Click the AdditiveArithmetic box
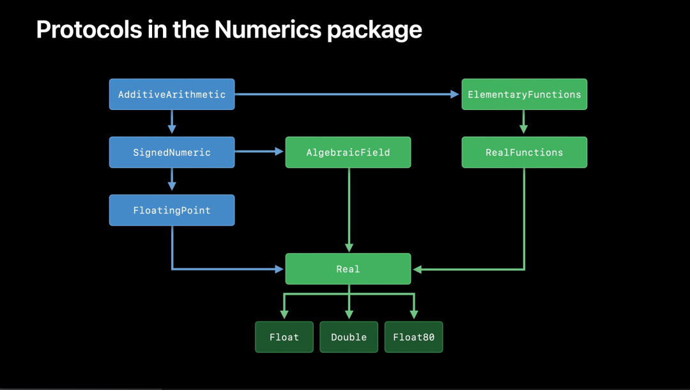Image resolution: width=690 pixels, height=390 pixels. click(172, 95)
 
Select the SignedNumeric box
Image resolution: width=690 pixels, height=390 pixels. click(172, 152)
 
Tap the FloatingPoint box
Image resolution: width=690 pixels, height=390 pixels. click(172, 210)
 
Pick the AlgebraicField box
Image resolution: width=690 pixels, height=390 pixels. click(348, 152)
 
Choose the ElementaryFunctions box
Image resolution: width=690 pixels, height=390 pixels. click(524, 95)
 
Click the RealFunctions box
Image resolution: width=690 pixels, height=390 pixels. click(524, 152)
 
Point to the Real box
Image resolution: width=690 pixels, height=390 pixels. click(348, 269)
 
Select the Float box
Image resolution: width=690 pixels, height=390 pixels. click(284, 337)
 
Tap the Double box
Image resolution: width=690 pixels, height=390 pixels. click(349, 337)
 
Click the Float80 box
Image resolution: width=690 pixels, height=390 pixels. click(413, 337)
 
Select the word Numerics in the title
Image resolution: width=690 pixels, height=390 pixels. click(267, 29)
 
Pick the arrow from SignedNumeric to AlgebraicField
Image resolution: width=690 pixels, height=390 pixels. click(259, 152)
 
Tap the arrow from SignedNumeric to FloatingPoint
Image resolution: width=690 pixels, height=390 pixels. click(172, 180)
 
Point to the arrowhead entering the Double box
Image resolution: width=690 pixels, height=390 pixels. click(349, 315)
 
